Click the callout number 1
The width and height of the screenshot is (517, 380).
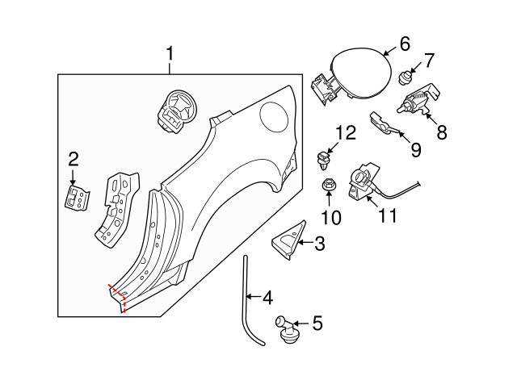click(170, 55)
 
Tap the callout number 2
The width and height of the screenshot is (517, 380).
click(73, 158)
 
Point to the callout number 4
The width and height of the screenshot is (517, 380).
click(267, 298)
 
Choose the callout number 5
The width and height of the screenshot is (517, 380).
click(317, 324)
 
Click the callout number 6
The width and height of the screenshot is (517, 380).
click(405, 44)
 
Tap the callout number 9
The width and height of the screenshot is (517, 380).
click(416, 148)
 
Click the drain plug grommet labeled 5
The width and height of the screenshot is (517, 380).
click(288, 329)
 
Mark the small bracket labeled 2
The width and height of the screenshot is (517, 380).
click(78, 196)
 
